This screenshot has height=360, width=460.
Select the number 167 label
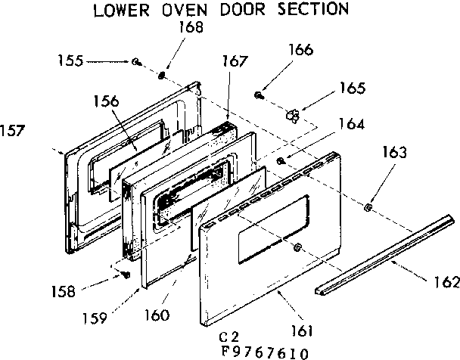click(x=235, y=61)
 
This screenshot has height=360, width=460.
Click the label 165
click(x=352, y=88)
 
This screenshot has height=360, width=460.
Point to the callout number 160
click(x=160, y=314)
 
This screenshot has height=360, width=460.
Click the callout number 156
click(x=106, y=100)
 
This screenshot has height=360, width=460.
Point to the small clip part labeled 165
click(x=293, y=114)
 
